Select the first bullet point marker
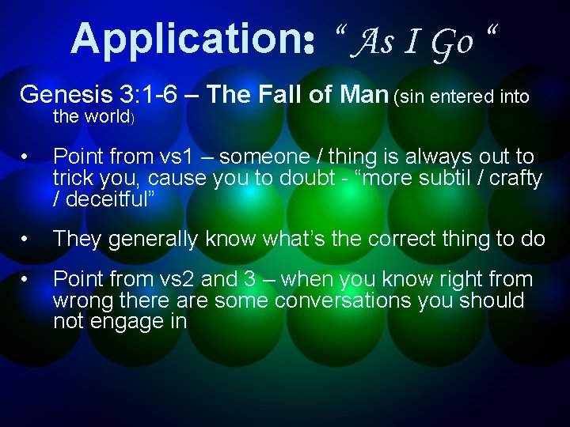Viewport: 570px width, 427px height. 27,157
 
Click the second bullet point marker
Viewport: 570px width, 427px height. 27,240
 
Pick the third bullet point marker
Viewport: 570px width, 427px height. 27,280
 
